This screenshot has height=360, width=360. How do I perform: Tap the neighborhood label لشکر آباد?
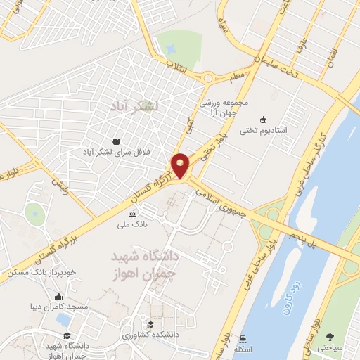[x=136, y=105]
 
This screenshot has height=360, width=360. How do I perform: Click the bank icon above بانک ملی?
[x=132, y=212]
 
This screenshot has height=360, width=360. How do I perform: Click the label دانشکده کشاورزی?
[x=150, y=335]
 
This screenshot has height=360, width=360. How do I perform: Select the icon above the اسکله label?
[x=244, y=338]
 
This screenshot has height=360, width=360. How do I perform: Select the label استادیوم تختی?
[x=263, y=130]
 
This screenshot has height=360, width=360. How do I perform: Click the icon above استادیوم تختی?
[x=263, y=119]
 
